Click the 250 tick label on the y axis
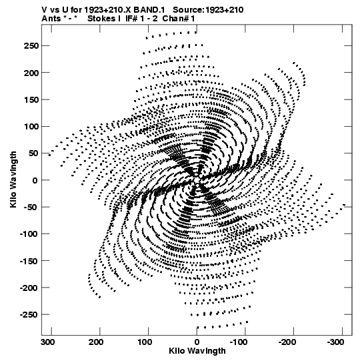point(31,46)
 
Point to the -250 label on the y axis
point(29,314)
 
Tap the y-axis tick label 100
point(31,126)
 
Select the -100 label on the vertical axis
point(29,234)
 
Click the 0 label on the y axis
point(35,180)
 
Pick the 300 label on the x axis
point(48,342)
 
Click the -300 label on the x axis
point(335,342)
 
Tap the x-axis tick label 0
point(197,342)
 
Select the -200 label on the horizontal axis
point(287,342)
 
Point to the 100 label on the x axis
point(145,342)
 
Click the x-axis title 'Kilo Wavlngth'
point(197,351)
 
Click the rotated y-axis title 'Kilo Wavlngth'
point(13,179)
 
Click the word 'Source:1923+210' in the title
point(208,10)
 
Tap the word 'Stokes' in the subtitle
point(102,19)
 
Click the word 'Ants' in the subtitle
point(51,19)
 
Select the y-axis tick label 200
point(31,73)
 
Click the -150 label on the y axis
point(29,261)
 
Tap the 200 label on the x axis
point(97,342)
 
